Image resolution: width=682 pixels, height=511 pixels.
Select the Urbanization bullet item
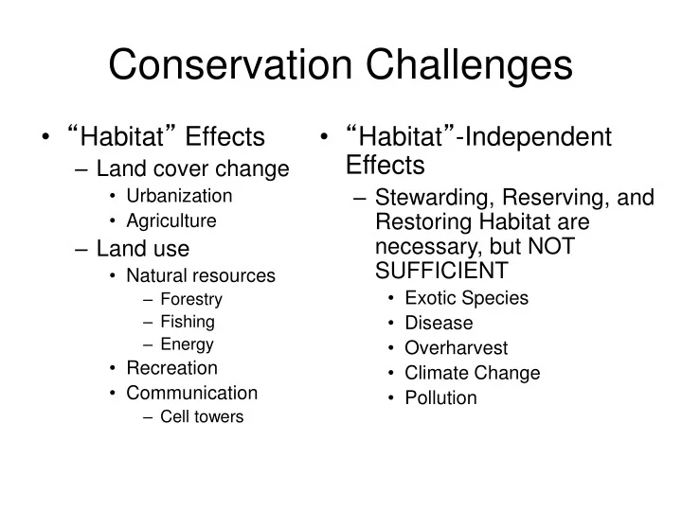[179, 196]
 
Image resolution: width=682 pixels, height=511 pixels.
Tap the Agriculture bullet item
[171, 220]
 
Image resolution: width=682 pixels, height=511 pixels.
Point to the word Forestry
[191, 299]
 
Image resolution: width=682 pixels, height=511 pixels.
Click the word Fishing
[188, 322]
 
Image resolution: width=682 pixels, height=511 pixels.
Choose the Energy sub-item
[187, 344]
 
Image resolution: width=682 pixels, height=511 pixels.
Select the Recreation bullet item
[171, 368]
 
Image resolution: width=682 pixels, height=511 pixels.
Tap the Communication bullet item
[191, 393]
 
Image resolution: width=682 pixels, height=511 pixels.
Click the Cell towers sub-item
[202, 416]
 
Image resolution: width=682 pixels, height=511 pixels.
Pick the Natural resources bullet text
[201, 276]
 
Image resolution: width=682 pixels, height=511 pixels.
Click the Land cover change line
[192, 169]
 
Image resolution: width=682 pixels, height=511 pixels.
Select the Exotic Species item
[466, 298]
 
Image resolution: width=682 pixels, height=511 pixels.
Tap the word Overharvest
[456, 347]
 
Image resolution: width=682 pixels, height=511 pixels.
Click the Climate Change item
[472, 373]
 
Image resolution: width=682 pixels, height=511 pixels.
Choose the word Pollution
[440, 397]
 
